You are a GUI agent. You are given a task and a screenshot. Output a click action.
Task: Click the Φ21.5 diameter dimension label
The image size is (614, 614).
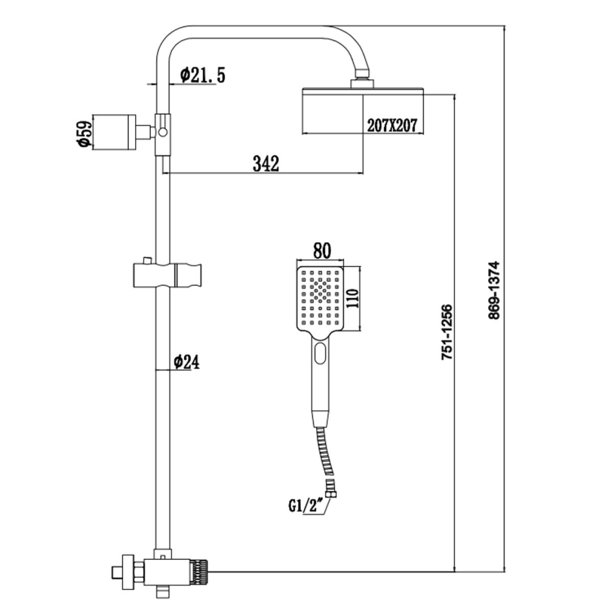click(203, 76)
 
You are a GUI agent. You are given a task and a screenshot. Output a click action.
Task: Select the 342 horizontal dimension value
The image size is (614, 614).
click(266, 164)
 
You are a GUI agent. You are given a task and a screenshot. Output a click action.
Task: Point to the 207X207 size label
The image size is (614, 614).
click(392, 125)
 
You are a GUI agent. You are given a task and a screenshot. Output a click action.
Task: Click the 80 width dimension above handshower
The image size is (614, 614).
click(322, 251)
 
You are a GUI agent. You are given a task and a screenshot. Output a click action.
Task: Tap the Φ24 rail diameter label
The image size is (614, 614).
click(186, 362)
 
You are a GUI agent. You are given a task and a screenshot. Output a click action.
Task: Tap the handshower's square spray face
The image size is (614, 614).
click(319, 298)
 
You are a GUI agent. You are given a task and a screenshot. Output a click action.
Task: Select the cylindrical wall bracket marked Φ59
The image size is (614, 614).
click(114, 131)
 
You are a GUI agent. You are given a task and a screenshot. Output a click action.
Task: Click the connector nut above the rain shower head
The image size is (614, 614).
click(362, 83)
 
